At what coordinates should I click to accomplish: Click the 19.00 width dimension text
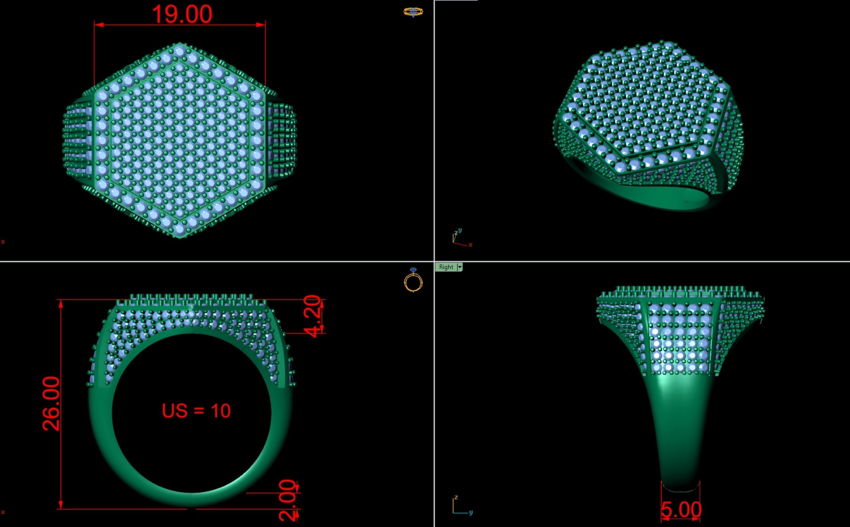(x=182, y=14)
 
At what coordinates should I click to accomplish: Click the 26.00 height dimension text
(x=51, y=404)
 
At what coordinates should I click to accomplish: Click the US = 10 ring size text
(x=196, y=411)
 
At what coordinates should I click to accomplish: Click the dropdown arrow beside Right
(x=460, y=267)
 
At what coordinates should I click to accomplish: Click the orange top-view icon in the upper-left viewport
(x=413, y=12)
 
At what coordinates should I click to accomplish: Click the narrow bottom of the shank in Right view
(x=681, y=486)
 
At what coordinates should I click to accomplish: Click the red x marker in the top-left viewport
(x=3, y=242)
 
